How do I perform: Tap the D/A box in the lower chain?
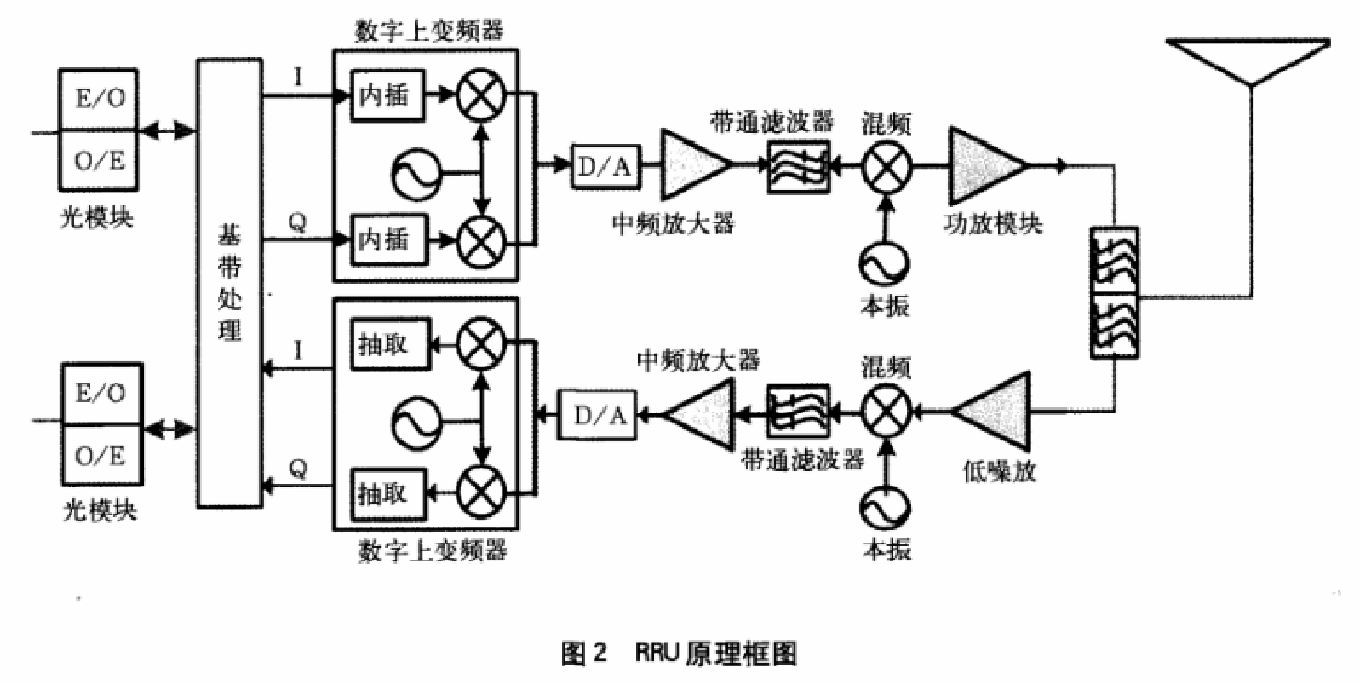[598, 415]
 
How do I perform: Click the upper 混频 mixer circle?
[887, 166]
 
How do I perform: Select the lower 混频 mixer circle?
[887, 412]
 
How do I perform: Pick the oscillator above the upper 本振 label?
[883, 263]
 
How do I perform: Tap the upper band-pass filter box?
[798, 167]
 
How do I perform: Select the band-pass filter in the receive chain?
[798, 413]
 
